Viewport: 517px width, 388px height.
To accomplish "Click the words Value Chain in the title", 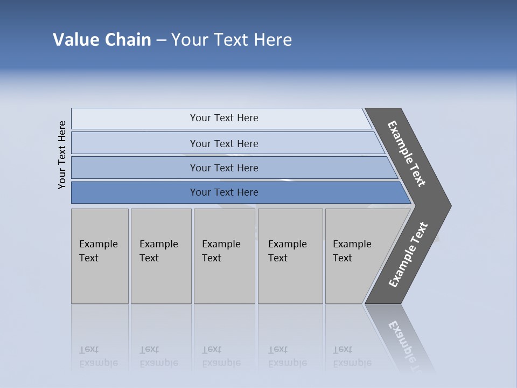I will coord(102,40).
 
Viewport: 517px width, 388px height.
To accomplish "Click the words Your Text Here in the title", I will coord(232,40).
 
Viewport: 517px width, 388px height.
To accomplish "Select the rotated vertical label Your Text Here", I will coord(62,155).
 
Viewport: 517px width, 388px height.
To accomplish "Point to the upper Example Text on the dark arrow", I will coord(407,154).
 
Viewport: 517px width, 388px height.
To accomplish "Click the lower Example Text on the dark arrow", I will coord(408,255).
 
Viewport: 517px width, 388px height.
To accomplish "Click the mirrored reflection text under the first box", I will coord(99,357).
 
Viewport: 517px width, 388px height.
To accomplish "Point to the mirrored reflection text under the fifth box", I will coord(352,357).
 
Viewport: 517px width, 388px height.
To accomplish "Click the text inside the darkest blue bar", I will coord(224,192).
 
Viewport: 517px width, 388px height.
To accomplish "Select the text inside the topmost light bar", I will coord(224,118).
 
